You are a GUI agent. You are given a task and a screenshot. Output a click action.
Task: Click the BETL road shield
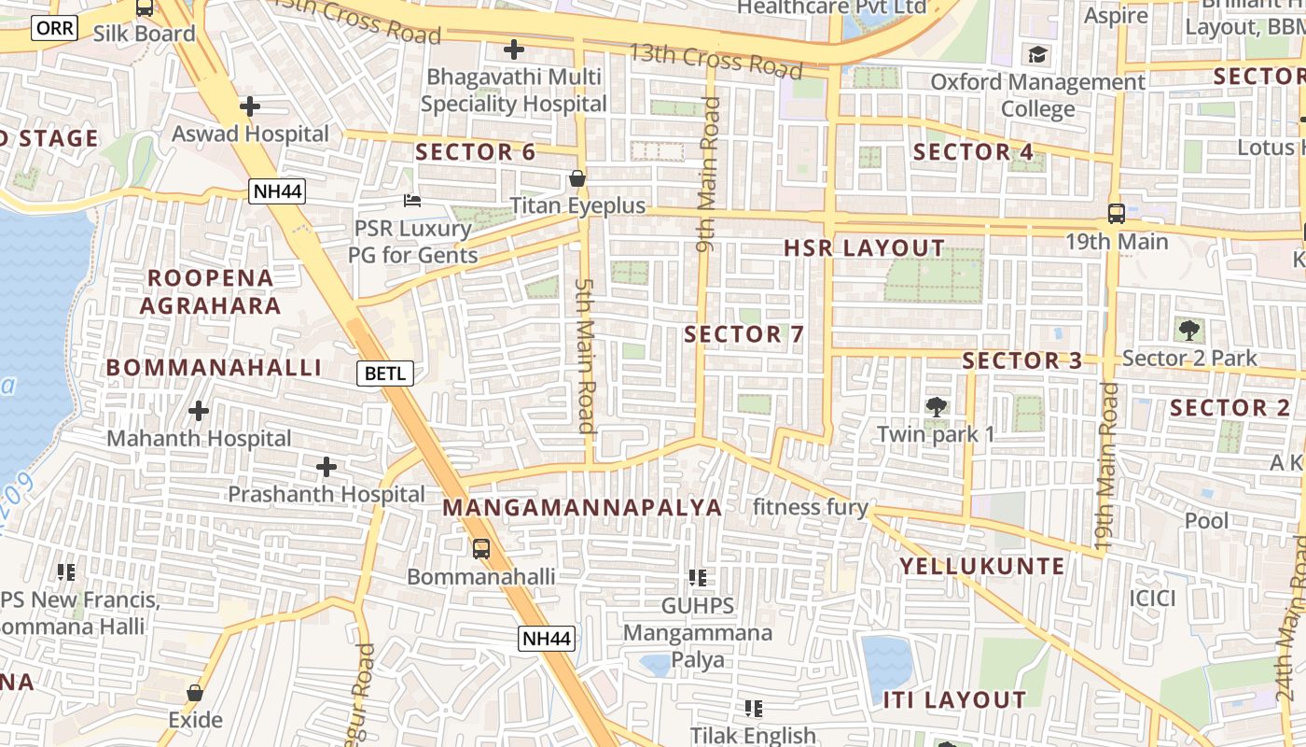pos(385,373)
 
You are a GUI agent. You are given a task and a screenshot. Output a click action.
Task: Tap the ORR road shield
pos(55,28)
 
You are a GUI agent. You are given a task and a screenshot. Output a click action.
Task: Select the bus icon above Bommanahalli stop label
pos(480,549)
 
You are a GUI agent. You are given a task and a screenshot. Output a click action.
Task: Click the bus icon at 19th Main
pos(1116,214)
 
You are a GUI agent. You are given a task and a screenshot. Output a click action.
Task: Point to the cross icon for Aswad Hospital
pos(249,106)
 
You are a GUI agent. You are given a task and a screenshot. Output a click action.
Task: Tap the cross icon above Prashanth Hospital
pos(326,466)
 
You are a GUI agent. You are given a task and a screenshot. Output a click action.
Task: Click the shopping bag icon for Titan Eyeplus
pos(577,178)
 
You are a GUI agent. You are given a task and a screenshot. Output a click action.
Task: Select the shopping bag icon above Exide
pos(195,693)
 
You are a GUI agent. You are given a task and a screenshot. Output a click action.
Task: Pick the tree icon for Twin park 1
pos(936,406)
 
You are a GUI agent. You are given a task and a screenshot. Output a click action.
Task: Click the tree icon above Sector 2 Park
pos(1188,330)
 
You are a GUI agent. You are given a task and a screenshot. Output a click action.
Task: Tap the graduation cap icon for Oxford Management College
pos(1037,54)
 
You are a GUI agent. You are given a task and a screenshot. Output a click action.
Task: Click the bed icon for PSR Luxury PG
pos(412,200)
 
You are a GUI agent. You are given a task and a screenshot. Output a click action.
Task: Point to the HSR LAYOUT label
pos(864,248)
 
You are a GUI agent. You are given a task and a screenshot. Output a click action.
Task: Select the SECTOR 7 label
pos(743,334)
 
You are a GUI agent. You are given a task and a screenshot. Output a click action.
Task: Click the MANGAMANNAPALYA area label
pos(582,508)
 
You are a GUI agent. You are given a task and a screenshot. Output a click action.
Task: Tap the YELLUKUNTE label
pos(981,566)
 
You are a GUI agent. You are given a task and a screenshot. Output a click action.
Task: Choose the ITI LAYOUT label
pos(954,699)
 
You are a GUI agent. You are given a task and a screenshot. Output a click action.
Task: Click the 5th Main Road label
pos(585,355)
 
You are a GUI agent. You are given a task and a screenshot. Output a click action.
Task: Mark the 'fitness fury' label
pos(810,508)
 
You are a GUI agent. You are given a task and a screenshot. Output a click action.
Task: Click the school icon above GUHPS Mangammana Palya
pos(697,578)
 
